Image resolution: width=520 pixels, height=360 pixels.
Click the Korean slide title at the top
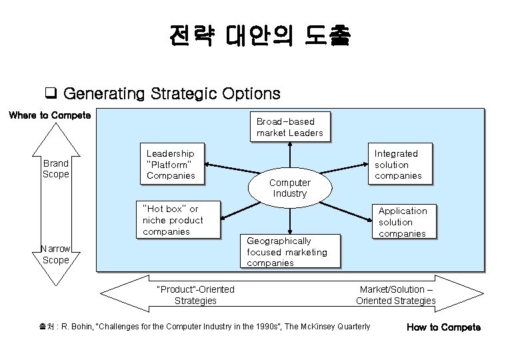[259, 35]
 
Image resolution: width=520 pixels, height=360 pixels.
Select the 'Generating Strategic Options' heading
[171, 93]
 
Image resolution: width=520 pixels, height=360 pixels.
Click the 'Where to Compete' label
[50, 115]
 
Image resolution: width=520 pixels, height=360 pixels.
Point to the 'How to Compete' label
[443, 327]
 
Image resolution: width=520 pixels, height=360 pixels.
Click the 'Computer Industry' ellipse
[289, 188]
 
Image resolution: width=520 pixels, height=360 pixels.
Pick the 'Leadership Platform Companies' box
[171, 164]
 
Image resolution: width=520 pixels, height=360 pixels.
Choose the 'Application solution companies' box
[403, 221]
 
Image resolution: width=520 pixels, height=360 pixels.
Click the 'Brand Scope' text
[56, 169]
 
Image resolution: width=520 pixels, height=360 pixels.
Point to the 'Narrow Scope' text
[56, 254]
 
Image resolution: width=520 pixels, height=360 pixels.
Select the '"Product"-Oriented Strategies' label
[195, 295]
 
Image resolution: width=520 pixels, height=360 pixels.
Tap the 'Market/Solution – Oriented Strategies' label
[396, 295]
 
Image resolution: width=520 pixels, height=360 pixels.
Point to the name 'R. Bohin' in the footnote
[79, 327]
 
